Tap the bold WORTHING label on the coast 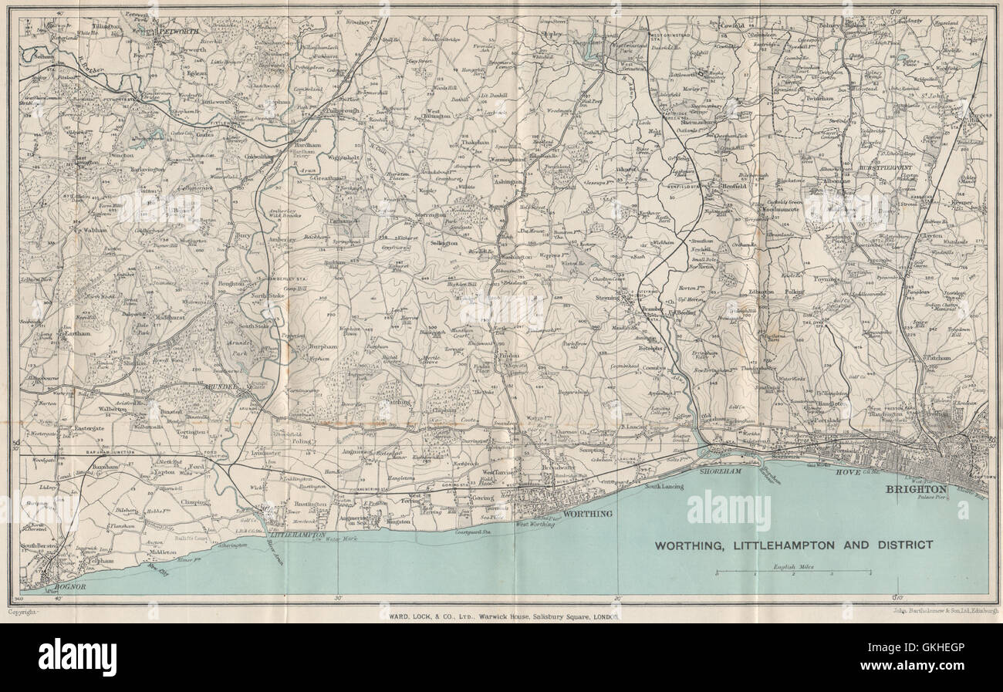click(x=589, y=513)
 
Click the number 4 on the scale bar click(x=871, y=576)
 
